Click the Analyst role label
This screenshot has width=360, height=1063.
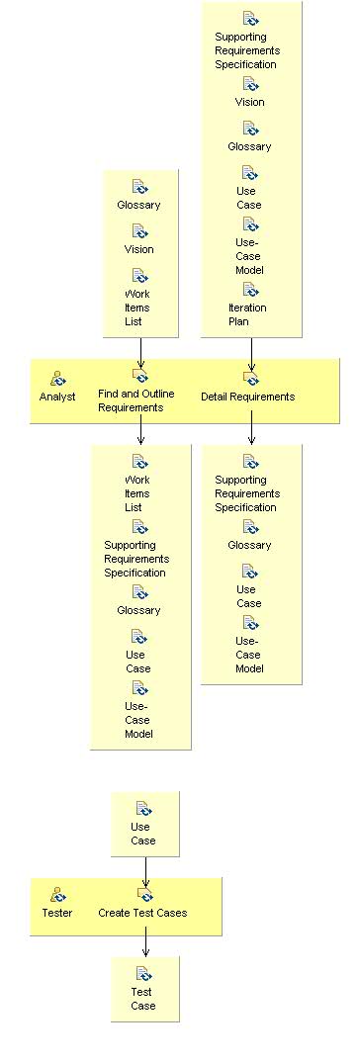57,397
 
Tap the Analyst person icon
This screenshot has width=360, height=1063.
57,378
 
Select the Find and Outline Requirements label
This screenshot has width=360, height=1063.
136,400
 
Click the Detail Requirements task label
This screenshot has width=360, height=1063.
247,397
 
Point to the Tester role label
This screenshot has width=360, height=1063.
57,913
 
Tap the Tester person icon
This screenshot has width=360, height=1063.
57,895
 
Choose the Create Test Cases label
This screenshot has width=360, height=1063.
142,913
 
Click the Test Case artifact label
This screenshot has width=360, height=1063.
143,999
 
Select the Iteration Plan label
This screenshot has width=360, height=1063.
247,314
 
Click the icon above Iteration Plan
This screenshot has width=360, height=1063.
250,290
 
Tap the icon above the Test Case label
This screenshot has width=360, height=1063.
143,974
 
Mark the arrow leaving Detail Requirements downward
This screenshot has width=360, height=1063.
251,429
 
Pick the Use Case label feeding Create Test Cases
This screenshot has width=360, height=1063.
142,834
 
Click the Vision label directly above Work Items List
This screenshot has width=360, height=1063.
138,249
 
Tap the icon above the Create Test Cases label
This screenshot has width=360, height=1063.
145,895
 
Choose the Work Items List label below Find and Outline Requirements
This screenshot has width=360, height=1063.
137,493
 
